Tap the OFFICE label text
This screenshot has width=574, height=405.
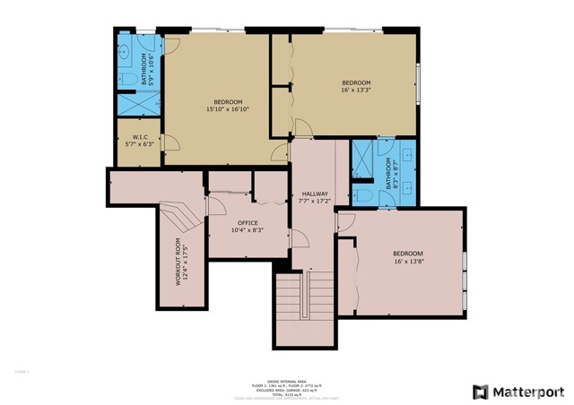click(248, 222)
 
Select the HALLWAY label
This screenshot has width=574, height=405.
click(315, 194)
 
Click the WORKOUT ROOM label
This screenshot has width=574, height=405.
click(178, 262)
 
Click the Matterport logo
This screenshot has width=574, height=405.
click(518, 392)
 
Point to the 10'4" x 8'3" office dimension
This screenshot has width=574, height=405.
click(248, 230)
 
